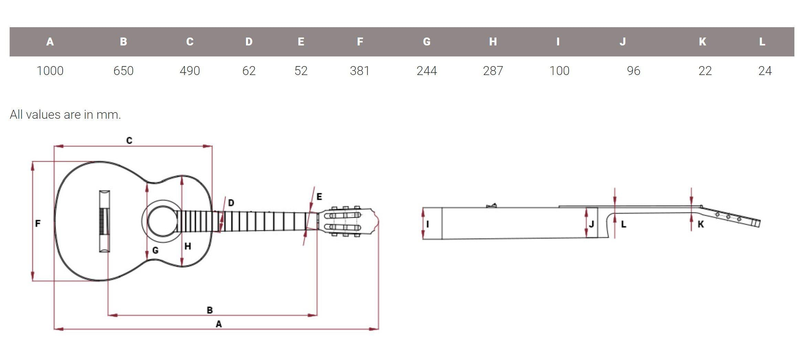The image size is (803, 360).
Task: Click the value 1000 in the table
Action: tap(50, 71)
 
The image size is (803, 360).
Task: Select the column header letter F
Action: tap(360, 42)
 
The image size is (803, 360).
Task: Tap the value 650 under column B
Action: tap(123, 71)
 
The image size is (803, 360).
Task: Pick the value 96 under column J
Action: tap(633, 71)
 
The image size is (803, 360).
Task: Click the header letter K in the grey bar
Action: tap(703, 42)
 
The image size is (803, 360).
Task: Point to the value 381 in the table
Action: tap(360, 71)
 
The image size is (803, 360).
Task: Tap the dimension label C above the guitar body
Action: tap(129, 140)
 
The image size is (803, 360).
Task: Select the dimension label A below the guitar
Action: tap(218, 324)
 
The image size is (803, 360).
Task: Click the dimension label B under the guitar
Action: tap(210, 310)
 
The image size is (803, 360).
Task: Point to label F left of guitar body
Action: tap(38, 224)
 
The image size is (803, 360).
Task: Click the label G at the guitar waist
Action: tap(155, 251)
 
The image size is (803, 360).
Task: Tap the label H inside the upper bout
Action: tap(188, 246)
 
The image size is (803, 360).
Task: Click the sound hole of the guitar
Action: tap(162, 221)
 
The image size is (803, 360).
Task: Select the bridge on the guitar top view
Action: tap(105, 221)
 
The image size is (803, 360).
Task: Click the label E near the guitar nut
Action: tap(319, 197)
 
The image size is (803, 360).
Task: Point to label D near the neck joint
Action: tap(231, 203)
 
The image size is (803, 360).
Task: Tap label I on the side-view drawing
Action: tap(428, 224)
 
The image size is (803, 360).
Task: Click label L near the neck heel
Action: tap(623, 225)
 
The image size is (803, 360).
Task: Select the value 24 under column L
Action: tap(765, 71)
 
